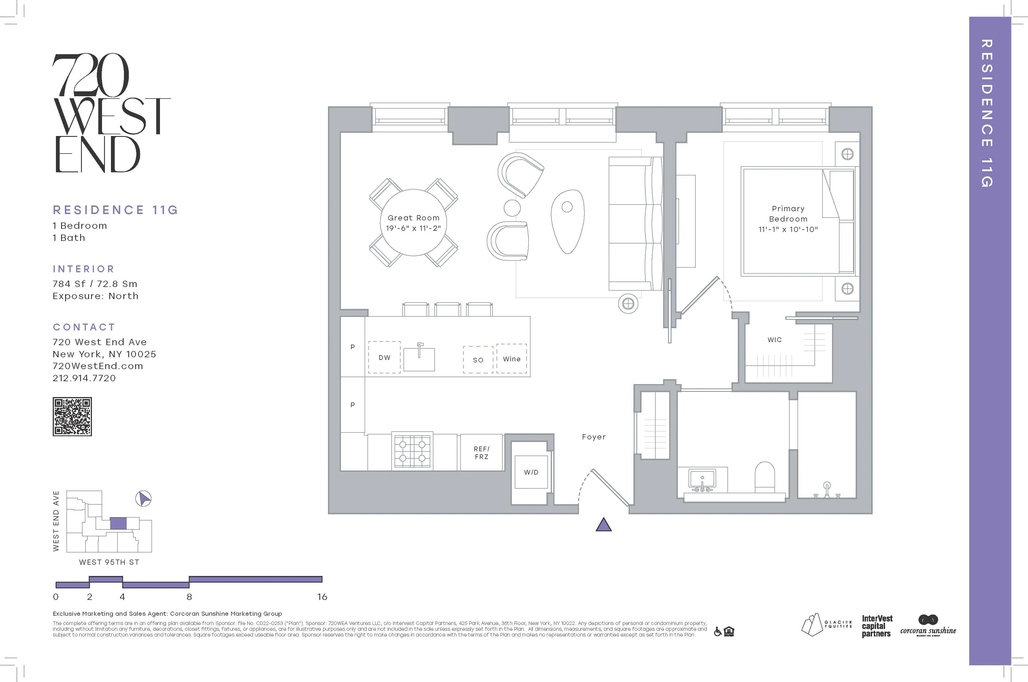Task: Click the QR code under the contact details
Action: coord(72,416)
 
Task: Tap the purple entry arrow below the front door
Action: coord(603,526)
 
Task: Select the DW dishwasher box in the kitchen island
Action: coord(384,357)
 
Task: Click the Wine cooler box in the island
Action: coord(512,359)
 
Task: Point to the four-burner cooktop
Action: coord(412,451)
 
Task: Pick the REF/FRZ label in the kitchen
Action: coord(482,453)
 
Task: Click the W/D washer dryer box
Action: coord(531,472)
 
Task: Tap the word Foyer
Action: coord(593,437)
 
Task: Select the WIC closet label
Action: coord(774,340)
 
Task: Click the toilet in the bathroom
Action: coord(765,477)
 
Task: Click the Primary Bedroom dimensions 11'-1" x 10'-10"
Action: coord(788,229)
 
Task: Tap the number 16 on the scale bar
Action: coord(322,597)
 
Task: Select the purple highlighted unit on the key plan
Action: coord(118,523)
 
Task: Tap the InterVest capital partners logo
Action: coord(877,626)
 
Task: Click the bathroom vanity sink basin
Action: coord(702,479)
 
